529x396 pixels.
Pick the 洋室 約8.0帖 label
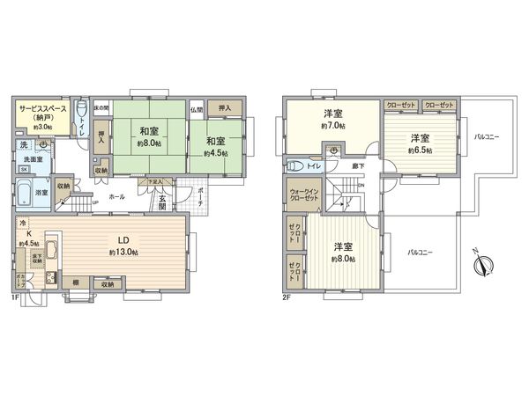344,253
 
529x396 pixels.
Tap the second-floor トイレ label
313,165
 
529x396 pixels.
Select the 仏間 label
197,109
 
